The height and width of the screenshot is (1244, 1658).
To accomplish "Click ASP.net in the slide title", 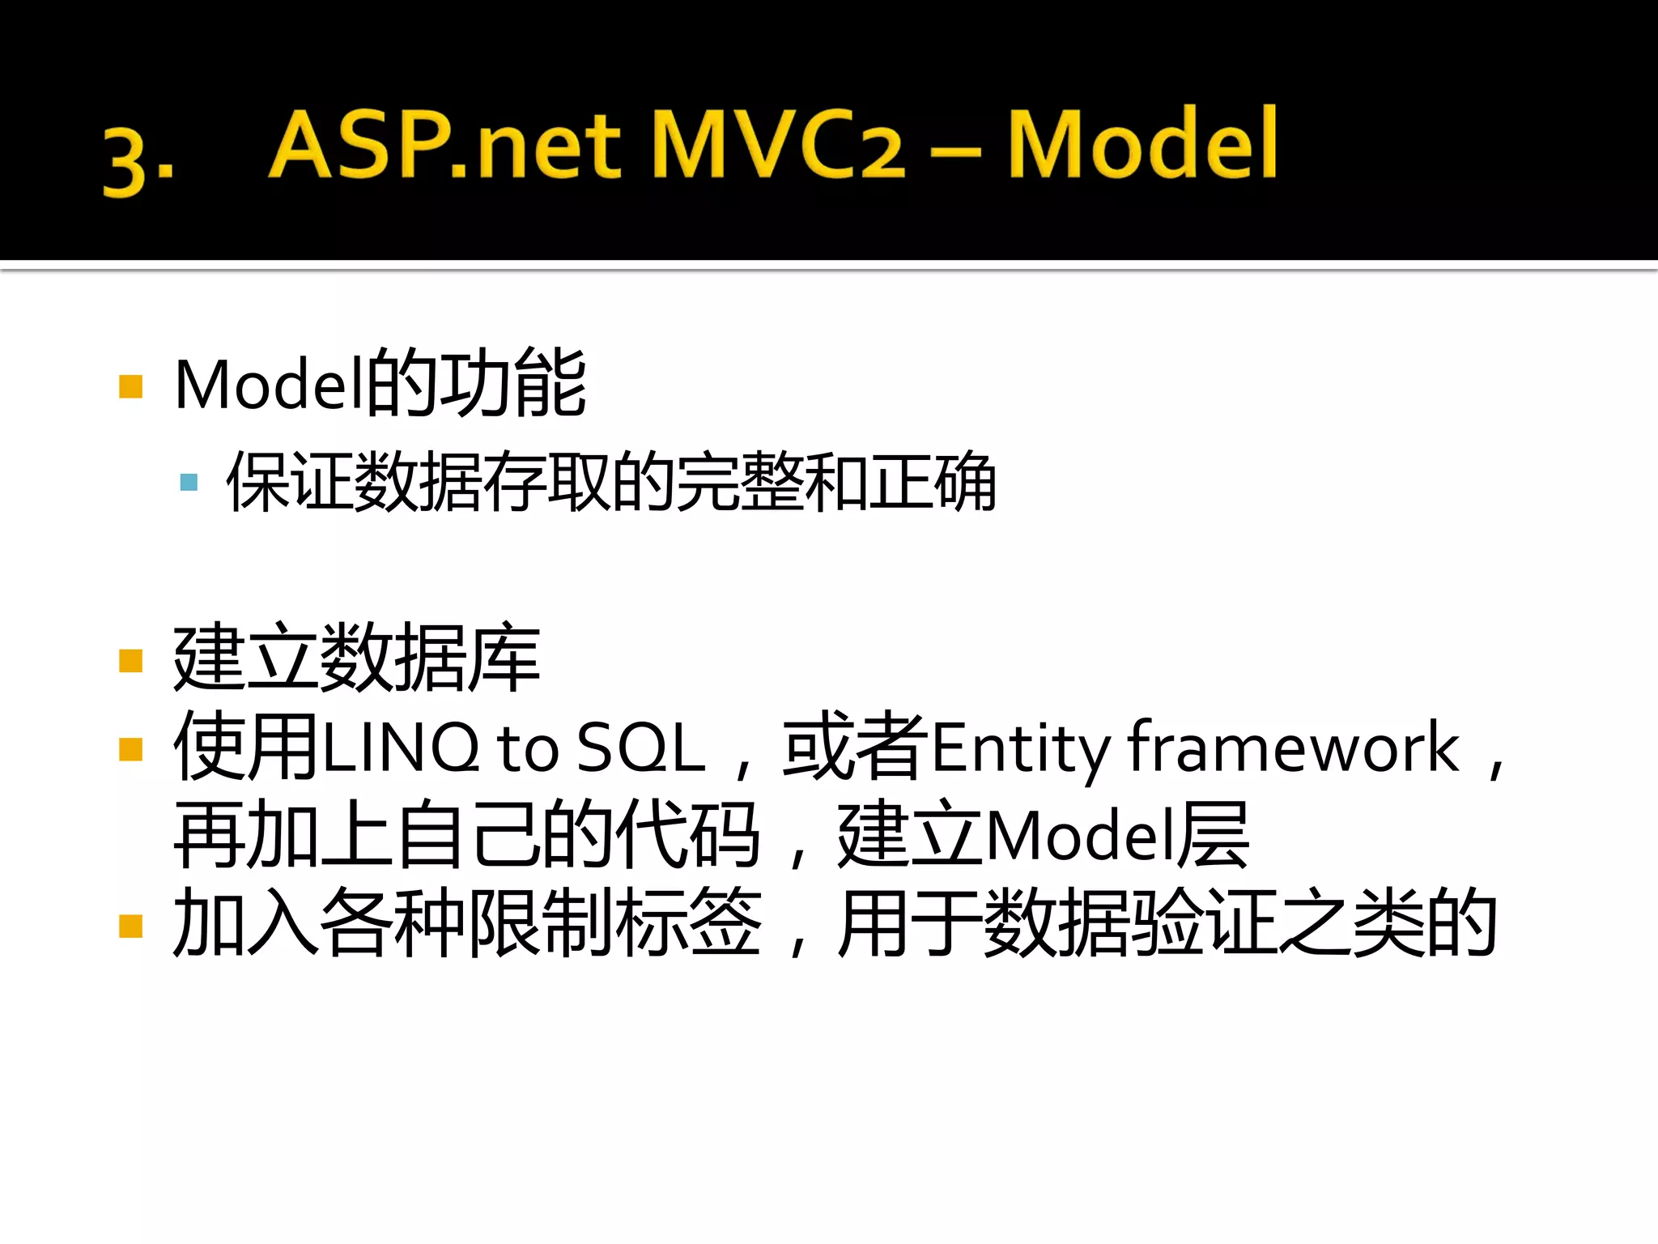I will coord(444,146).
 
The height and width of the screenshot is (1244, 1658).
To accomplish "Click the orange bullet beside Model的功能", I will coord(130,386).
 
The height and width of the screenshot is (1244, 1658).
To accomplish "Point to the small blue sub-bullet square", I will coord(189,483).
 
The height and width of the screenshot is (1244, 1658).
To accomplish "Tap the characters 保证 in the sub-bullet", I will coord(289,483).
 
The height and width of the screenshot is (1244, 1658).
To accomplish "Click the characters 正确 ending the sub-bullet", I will coord(932,483).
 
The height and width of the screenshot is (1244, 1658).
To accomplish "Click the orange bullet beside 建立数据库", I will coord(130,661).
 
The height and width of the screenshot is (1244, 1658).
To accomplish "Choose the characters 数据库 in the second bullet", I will coord(430,658).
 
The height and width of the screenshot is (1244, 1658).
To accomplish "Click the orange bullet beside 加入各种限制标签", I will coord(130,925).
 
